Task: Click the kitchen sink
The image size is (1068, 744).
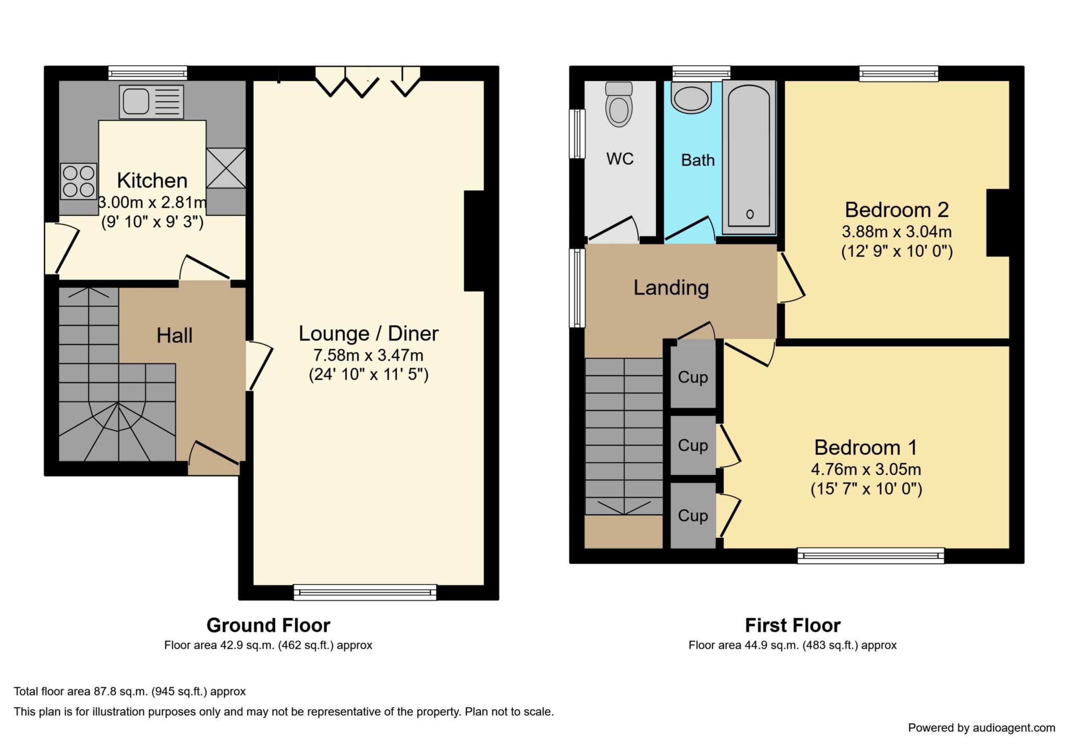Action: coord(151,102)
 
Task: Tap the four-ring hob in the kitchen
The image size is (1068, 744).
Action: coord(79,181)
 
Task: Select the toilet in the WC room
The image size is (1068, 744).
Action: coord(619,104)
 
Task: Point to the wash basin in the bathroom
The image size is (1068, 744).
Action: coord(691,98)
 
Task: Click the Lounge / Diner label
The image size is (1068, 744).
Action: coord(369,333)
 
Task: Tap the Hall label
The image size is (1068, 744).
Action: coord(175,336)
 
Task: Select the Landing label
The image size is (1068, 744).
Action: coord(671,288)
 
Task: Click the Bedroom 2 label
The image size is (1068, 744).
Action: coord(897,210)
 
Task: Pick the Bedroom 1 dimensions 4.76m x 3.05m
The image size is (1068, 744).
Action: coord(866,469)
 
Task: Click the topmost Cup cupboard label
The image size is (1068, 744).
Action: coord(693,377)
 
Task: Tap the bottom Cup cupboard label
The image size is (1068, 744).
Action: coord(693,515)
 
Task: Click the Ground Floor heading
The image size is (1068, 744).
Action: coord(269,625)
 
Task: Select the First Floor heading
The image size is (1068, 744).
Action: coord(793,625)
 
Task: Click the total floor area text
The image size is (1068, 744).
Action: coord(130,691)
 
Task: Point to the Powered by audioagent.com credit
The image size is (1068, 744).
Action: coord(982,728)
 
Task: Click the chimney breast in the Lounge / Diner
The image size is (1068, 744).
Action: coord(474,241)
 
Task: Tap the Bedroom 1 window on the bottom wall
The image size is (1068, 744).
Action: coord(871,556)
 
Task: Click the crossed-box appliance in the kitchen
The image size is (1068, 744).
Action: coord(226,168)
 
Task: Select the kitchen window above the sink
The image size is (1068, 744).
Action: coord(148,73)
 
